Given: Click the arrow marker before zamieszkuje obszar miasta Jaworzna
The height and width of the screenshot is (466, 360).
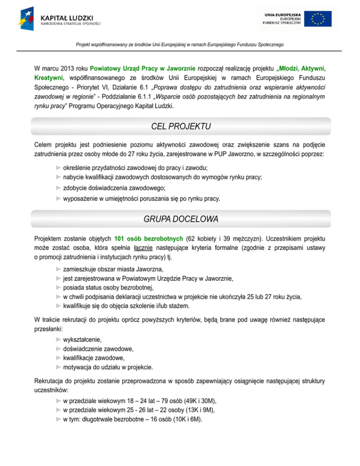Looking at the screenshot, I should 58,270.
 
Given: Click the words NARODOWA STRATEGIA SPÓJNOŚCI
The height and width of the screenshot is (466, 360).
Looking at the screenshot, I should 70,23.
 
